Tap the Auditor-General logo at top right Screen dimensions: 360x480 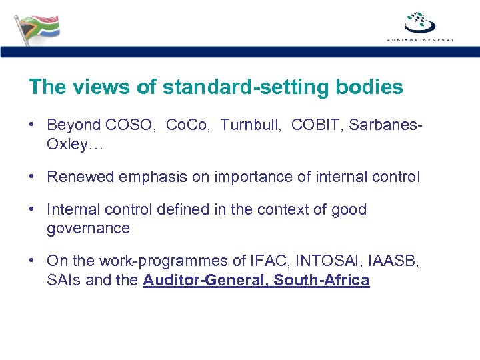[x=420, y=25]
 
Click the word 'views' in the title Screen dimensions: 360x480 [x=92, y=87]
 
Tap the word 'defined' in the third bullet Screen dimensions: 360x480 [x=185, y=209]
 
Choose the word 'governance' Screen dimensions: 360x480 [x=88, y=229]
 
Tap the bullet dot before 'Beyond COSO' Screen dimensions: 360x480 [x=32, y=125]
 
